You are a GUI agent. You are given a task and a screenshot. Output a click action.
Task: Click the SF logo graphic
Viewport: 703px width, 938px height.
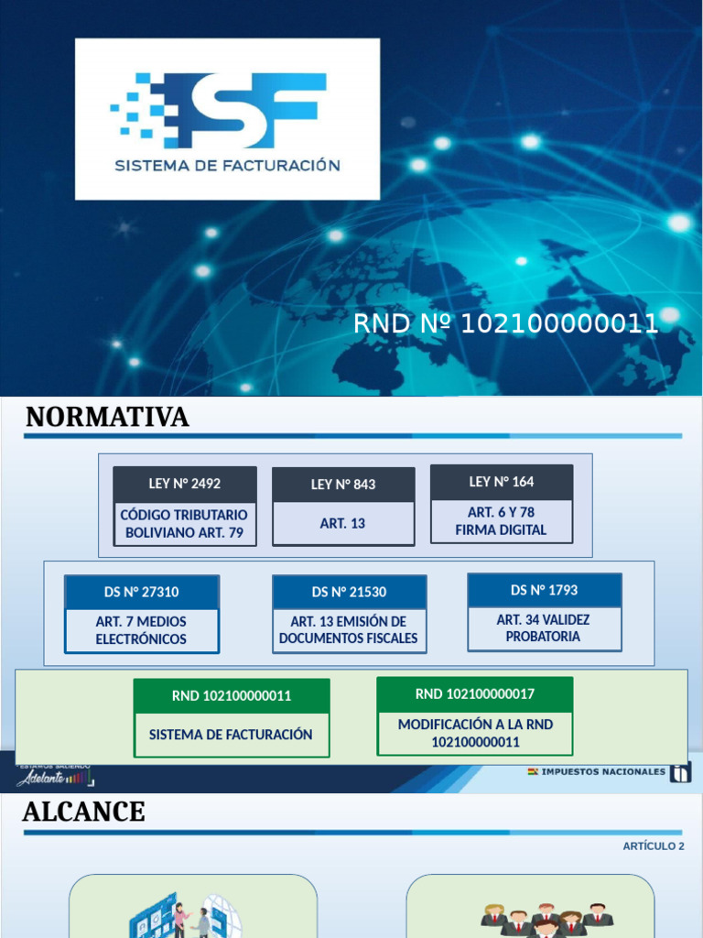pos(220,109)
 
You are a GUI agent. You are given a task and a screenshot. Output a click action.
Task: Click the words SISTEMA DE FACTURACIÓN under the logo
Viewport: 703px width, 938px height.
pos(227,166)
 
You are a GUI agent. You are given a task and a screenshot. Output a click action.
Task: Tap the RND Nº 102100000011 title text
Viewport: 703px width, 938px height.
pos(505,323)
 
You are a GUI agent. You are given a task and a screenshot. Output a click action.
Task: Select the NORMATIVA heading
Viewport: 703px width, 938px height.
pos(107,418)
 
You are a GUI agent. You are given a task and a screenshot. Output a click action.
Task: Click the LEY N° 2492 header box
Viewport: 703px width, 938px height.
pos(185,484)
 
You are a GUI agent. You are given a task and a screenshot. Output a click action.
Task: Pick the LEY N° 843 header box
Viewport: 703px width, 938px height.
pos(343,485)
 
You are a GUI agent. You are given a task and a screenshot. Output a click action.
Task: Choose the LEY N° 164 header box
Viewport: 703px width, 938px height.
pos(502,482)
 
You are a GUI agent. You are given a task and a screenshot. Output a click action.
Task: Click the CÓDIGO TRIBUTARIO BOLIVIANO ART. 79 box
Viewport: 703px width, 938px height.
pos(185,523)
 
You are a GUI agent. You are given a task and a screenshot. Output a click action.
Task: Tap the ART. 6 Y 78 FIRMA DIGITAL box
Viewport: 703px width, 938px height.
pos(502,521)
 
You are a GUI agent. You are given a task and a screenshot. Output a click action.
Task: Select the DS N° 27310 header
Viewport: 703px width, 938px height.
pos(142,592)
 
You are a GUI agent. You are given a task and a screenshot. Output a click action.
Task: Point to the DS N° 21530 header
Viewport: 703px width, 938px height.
pos(349,592)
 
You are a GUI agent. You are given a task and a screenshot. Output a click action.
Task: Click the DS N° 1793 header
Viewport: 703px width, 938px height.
pos(545,590)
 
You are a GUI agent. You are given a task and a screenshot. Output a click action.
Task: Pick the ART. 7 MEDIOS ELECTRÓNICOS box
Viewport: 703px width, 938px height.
pos(142,630)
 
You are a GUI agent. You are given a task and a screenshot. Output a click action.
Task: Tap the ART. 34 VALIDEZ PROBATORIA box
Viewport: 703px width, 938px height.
pos(545,628)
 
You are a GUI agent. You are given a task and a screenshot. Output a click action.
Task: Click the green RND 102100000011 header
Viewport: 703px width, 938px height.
pos(232,695)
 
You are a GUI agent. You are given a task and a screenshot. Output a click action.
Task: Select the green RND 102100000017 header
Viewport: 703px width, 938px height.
pos(475,693)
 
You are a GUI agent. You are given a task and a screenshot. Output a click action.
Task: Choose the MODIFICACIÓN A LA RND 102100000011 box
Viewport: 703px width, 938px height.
pos(475,733)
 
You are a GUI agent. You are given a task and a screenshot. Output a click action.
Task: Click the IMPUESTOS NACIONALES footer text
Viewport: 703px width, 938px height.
pos(603,772)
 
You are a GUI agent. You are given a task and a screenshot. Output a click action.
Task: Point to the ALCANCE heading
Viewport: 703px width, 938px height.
pos(83,813)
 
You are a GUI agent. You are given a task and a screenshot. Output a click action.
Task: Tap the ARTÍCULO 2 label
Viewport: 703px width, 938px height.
pos(654,846)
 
